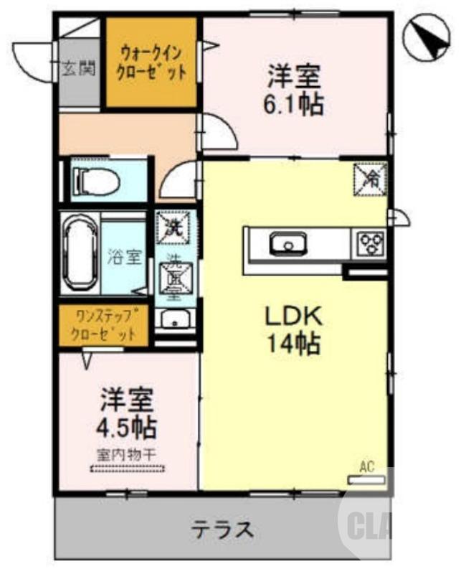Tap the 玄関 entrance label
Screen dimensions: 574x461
(79, 70)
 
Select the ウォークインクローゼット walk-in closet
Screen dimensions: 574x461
(152, 62)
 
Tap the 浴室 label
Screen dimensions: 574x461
(124, 256)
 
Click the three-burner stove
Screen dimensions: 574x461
(371, 243)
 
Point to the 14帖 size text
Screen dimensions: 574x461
(293, 346)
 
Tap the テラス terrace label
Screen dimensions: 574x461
(222, 532)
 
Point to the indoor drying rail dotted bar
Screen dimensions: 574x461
(127, 469)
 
